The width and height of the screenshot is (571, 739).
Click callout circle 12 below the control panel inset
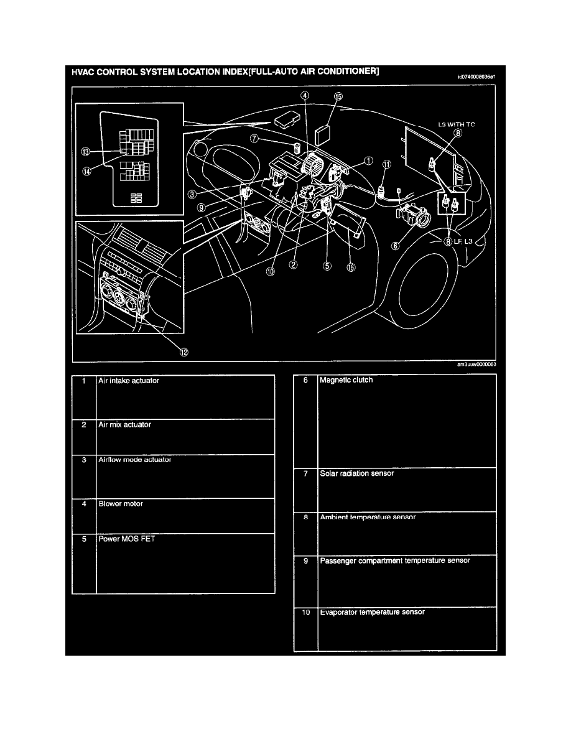[183, 351]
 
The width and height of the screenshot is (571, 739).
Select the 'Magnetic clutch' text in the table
[346, 380]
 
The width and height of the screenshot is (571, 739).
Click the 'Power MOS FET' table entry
[127, 539]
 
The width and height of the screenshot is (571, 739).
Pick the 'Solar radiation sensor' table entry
[357, 473]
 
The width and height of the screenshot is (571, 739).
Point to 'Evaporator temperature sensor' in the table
[372, 612]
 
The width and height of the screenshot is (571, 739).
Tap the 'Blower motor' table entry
[121, 503]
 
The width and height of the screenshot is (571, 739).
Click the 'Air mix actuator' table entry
[124, 424]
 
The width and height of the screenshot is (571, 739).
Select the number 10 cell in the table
[305, 612]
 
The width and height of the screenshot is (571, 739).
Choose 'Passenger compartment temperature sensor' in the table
[395, 560]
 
